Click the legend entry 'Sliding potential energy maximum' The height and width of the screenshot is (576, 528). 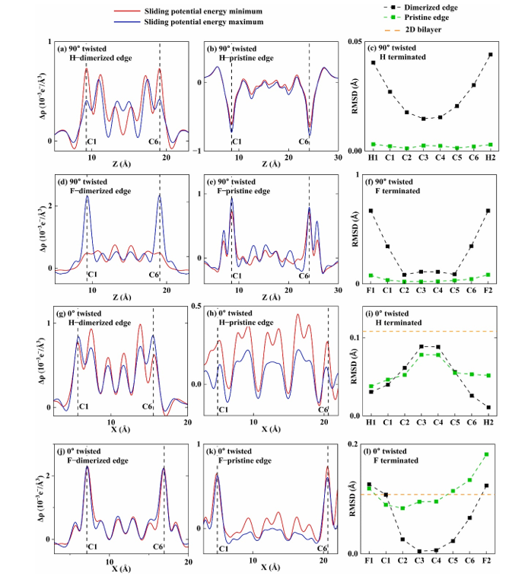(x=199, y=23)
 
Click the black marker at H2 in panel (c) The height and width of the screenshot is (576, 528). (x=490, y=55)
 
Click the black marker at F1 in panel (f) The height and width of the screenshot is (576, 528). (x=371, y=211)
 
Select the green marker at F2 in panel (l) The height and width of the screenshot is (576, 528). (x=487, y=454)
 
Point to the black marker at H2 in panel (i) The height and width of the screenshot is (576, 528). (x=488, y=407)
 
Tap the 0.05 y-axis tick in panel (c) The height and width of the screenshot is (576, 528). (x=351, y=41)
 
